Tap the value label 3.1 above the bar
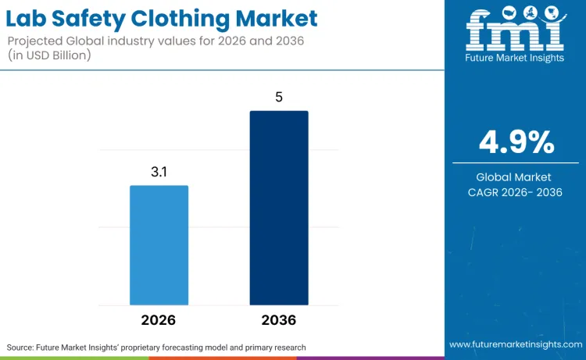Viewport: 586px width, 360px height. (159, 172)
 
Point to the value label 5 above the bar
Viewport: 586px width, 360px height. (279, 98)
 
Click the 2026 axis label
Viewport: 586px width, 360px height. (159, 320)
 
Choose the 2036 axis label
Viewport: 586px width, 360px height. (279, 320)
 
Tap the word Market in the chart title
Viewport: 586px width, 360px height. (277, 18)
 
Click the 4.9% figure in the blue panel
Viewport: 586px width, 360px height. (516, 142)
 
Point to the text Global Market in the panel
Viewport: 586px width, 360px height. (516, 177)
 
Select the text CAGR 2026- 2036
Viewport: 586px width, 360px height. (516, 192)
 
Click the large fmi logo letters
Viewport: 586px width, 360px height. (516, 35)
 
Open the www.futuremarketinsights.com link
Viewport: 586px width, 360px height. (515, 344)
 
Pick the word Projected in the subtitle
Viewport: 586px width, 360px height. (38, 39)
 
